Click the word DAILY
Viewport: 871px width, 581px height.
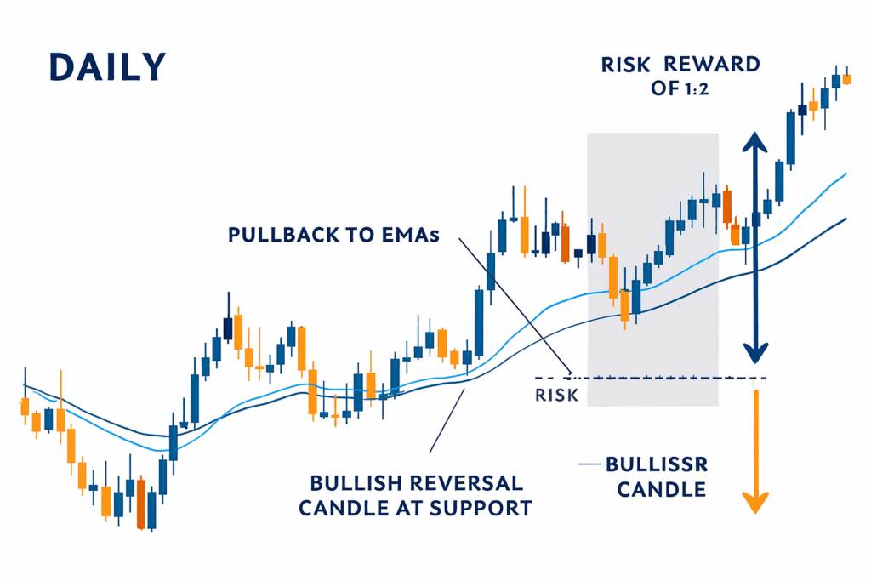(108, 67)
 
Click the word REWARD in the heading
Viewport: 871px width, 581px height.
(712, 65)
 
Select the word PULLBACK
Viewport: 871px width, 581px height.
(284, 235)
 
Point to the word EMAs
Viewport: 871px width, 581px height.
(411, 235)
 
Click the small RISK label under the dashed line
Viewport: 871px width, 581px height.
(556, 396)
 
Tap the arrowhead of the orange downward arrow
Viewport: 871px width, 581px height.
(755, 503)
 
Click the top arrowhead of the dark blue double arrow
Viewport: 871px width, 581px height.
(755, 142)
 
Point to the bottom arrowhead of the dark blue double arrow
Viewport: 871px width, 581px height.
(755, 353)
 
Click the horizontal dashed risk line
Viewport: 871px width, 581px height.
(651, 379)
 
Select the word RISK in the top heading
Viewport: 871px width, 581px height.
(625, 65)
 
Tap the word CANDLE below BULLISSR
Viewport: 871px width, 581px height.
(662, 490)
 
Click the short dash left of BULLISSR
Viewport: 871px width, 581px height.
(589, 464)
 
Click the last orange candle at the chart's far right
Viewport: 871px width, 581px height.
(847, 79)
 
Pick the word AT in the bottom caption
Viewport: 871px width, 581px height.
(411, 508)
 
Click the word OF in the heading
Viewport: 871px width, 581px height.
(665, 88)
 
